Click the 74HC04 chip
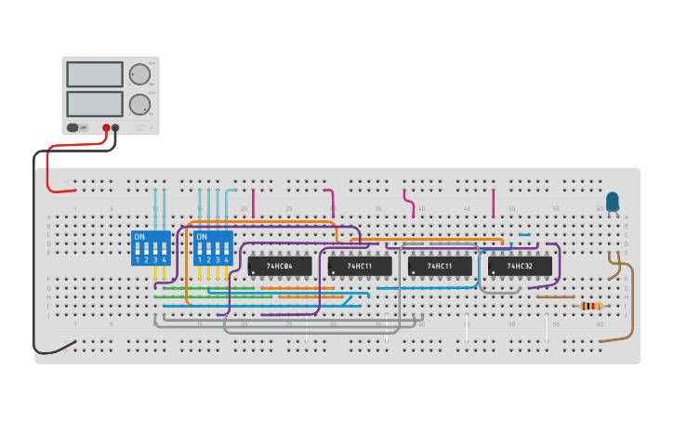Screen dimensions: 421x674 point(280,266)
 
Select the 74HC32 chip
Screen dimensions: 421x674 point(520,266)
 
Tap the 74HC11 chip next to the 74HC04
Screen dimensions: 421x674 point(360,266)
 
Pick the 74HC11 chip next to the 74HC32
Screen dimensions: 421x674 point(440,266)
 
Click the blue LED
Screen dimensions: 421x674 point(613,201)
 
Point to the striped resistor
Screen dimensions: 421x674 point(590,306)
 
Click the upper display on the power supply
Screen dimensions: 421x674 point(95,74)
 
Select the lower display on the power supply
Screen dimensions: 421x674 point(95,104)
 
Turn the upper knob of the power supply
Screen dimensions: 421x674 point(139,74)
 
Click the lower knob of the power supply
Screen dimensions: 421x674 point(139,104)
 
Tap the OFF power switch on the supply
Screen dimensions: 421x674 point(78,127)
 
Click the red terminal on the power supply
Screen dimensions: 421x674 point(106,128)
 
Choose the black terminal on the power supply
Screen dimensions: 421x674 point(116,128)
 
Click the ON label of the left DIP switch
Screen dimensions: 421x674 point(140,237)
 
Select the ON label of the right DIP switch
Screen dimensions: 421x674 point(202,237)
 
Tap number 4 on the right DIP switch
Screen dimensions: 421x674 point(226,260)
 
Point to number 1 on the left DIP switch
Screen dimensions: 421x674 point(138,260)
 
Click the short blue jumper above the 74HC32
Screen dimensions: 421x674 point(524,235)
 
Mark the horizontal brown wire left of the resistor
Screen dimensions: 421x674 point(555,297)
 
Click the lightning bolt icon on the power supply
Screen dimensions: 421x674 point(151,127)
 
